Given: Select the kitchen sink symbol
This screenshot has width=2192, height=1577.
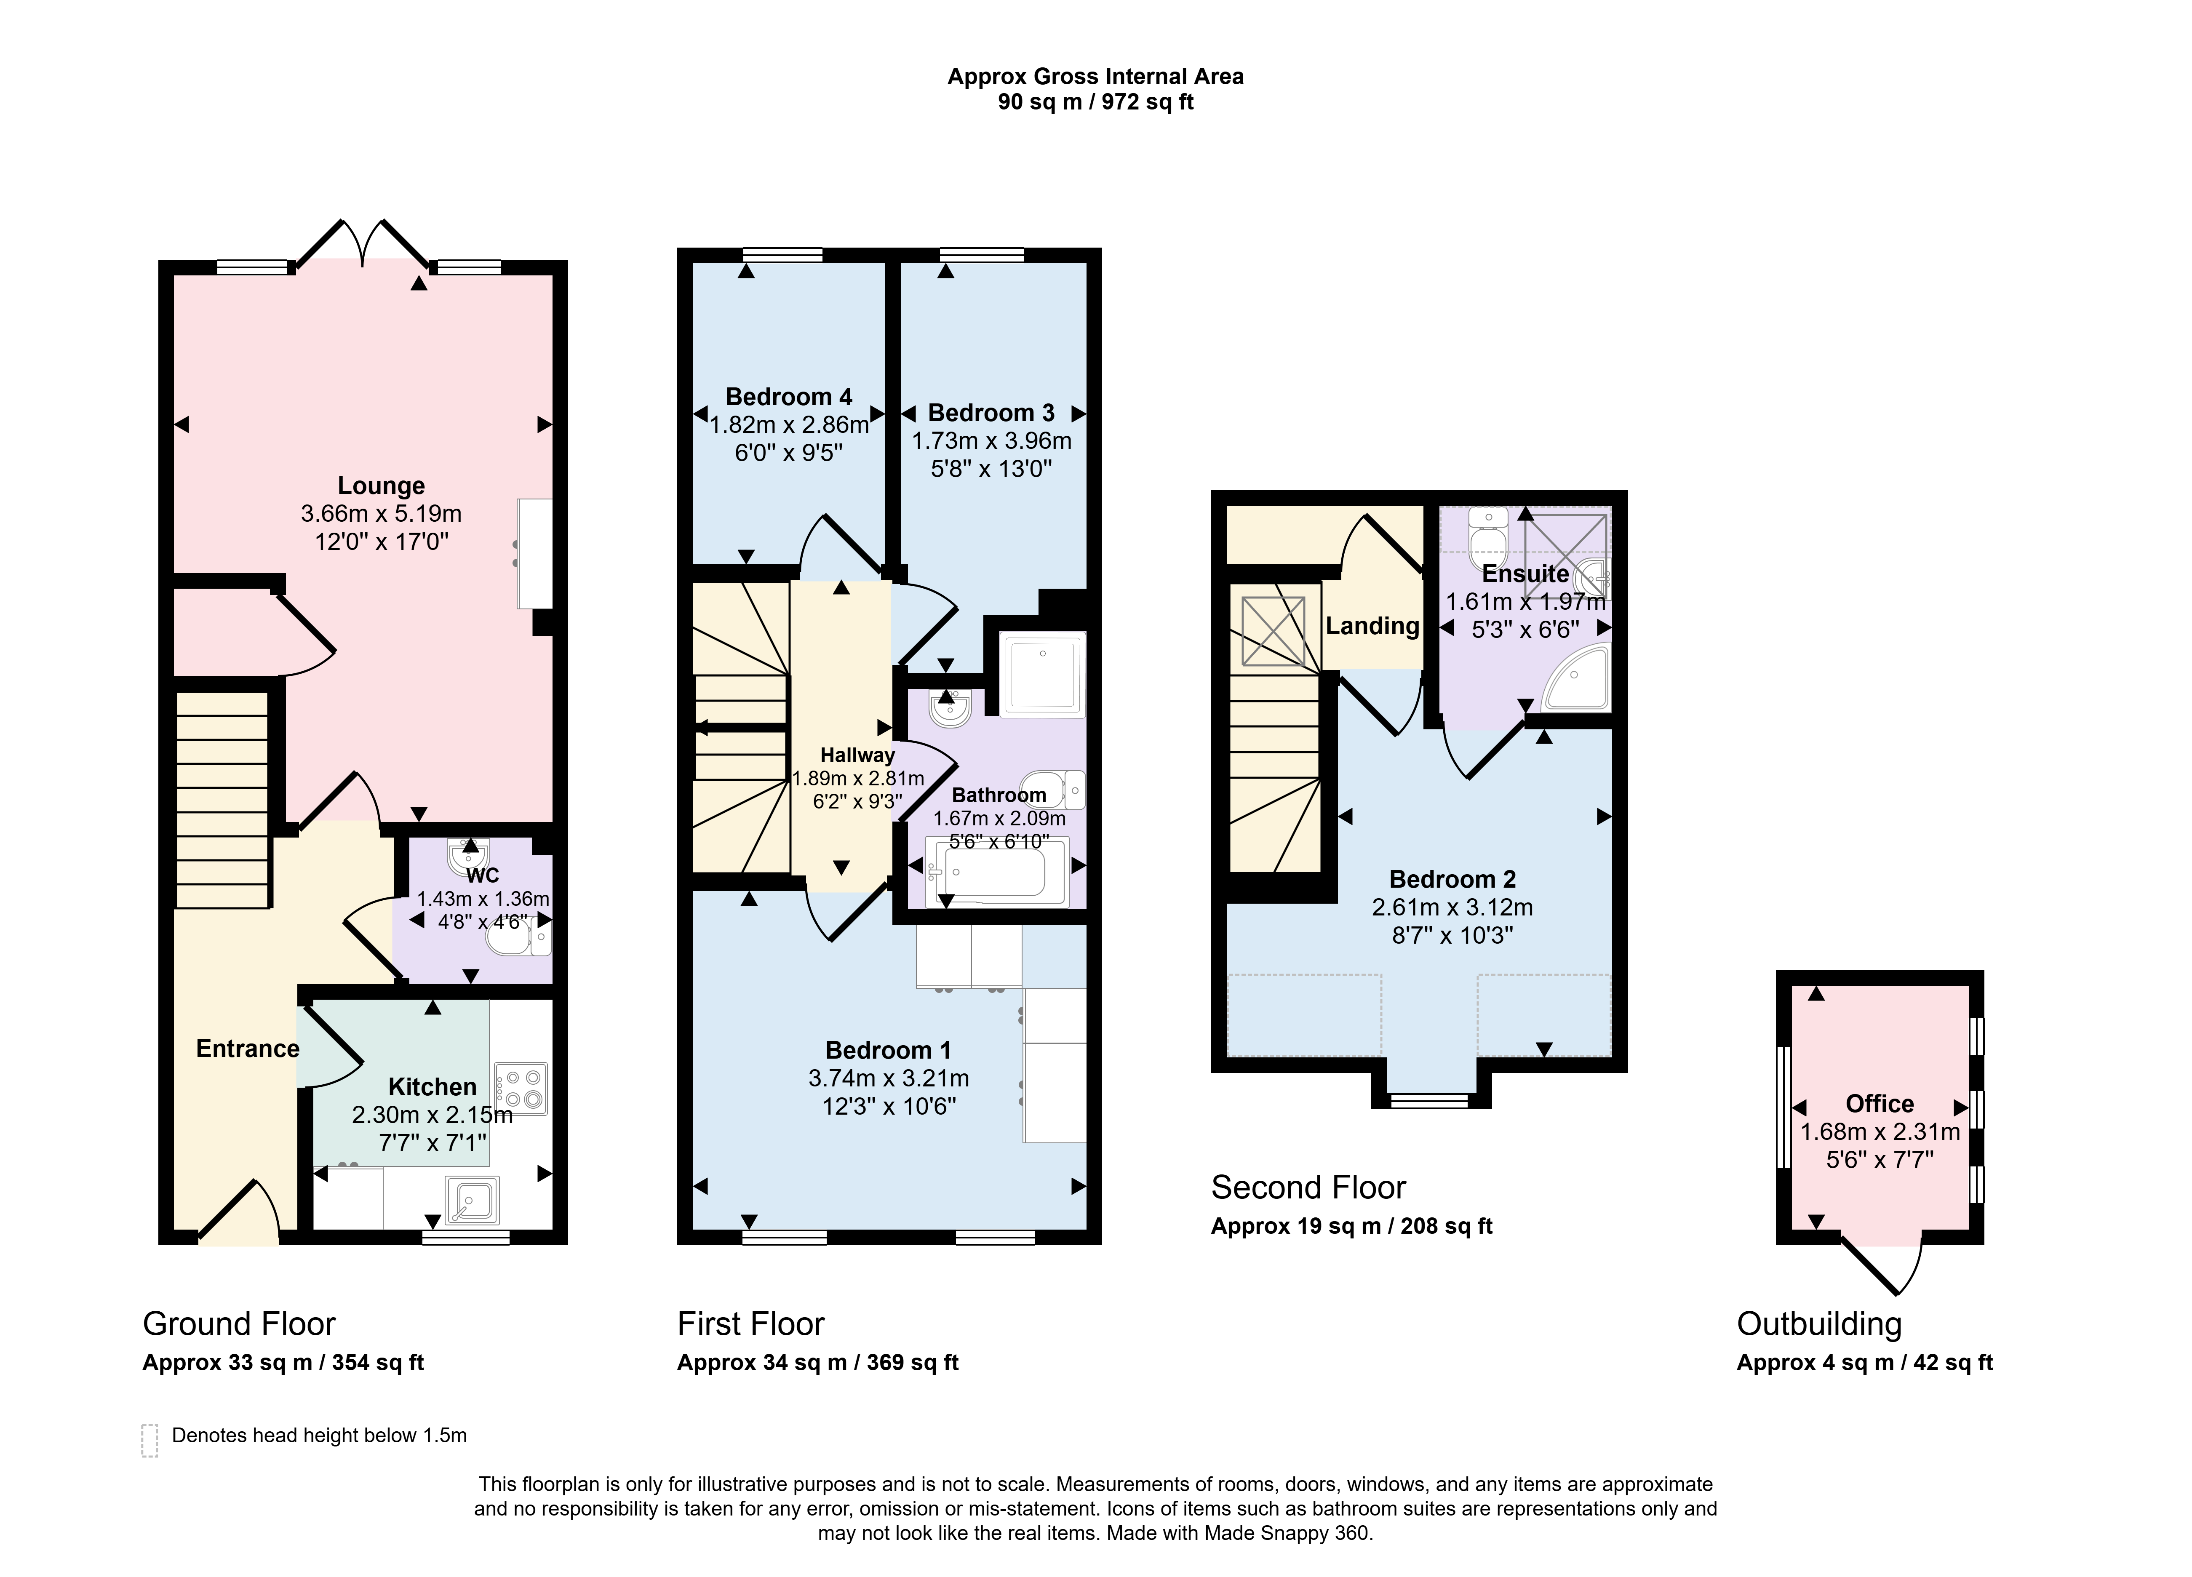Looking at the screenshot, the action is tap(473, 1200).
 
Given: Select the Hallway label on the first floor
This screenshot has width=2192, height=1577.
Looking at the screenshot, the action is tap(857, 755).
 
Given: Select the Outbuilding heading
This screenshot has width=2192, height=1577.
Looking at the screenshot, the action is tap(1819, 1324).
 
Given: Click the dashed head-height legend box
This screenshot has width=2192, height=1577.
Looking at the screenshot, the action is tap(150, 1440).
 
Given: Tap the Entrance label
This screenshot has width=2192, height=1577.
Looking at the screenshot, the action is tap(248, 1049).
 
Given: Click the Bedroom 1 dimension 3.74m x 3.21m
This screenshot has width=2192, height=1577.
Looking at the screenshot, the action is tap(888, 1078).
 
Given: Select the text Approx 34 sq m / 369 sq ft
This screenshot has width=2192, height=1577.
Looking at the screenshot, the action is tap(818, 1363).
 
